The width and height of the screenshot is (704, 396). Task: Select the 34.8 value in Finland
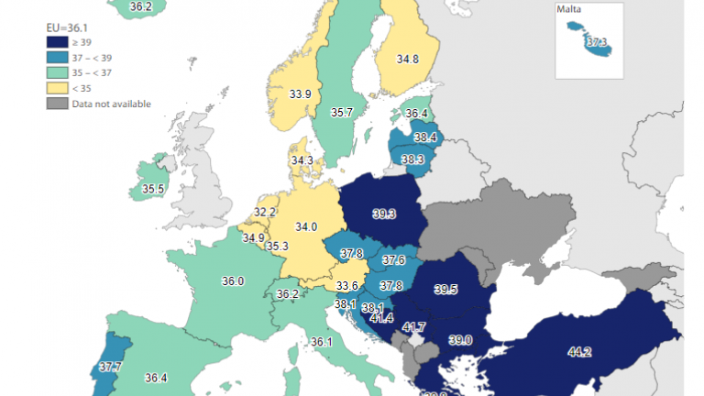click(408, 60)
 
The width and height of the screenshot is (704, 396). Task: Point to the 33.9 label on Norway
click(300, 93)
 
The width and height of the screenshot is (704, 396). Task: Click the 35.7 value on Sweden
click(342, 112)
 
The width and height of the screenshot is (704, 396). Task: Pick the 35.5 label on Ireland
click(153, 190)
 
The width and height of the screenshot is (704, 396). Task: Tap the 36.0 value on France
click(234, 281)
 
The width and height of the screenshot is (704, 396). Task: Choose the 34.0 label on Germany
click(306, 227)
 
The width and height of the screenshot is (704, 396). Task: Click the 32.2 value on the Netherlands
click(265, 212)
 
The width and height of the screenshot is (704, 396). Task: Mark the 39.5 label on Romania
click(445, 290)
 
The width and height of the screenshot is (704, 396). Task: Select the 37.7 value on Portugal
click(110, 367)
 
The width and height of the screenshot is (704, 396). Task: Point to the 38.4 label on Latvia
click(424, 137)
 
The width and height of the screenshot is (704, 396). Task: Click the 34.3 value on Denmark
click(302, 160)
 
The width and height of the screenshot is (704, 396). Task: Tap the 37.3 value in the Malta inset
click(597, 41)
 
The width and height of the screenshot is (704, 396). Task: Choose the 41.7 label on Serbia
click(414, 326)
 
